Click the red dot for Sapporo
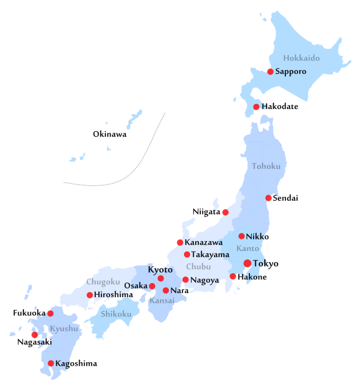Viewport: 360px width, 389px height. pos(270,72)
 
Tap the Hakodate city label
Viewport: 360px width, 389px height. pos(279,107)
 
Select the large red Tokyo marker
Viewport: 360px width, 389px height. pos(247,263)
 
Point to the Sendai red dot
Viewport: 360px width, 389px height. pos(268,198)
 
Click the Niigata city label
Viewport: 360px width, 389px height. pos(206,211)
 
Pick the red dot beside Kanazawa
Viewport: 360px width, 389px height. pos(180,242)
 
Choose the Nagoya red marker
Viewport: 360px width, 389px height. pos(186,279)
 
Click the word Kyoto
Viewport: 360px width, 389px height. pos(160,269)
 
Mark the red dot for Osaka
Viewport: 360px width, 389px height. pos(152,286)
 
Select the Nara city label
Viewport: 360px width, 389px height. pos(179,291)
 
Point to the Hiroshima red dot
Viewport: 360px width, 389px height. pos(90,295)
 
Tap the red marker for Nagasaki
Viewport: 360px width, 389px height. pos(34,335)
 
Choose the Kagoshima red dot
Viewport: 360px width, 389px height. pos(51,363)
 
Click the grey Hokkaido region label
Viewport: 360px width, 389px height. pos(302,58)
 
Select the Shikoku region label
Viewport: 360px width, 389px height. pos(116,314)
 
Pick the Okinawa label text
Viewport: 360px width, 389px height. pos(110,134)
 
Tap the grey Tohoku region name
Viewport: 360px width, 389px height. pos(266,166)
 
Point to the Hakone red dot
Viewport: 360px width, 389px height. pos(233,276)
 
